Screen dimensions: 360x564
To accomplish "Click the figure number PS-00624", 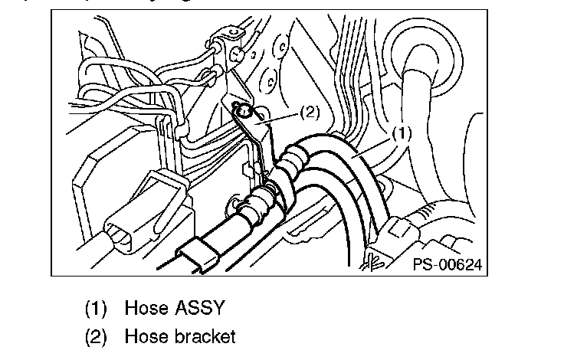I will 447,265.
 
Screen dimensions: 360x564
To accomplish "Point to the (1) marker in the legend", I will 97,309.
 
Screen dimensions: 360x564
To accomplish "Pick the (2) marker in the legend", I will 97,336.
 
